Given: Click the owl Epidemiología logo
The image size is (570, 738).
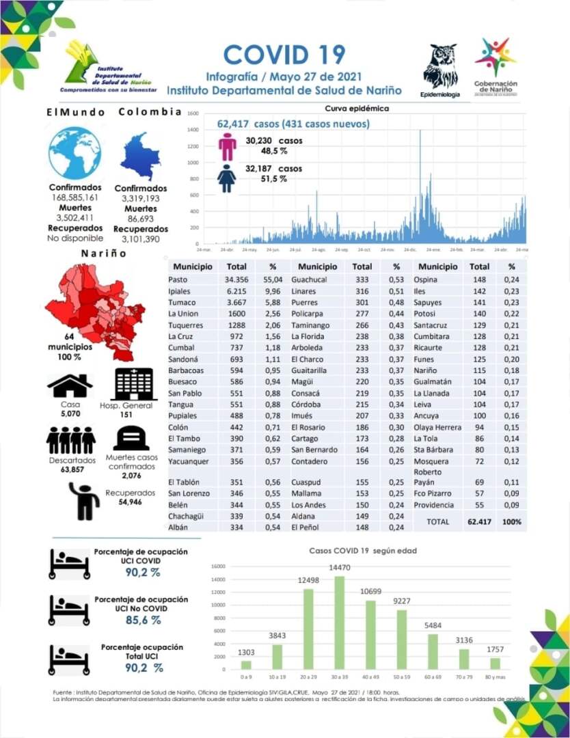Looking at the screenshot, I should tap(440, 66).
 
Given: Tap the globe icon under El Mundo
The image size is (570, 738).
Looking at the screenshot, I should tap(74, 153).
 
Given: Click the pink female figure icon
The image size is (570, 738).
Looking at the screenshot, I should tap(227, 146).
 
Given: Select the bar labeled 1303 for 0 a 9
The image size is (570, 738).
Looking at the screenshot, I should tap(246, 664).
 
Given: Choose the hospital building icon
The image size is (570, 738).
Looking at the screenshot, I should tap(135, 384).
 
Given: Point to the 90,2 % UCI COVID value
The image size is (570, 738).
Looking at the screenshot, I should tap(141, 571).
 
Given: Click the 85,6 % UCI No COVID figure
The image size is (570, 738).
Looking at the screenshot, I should tap(141, 620).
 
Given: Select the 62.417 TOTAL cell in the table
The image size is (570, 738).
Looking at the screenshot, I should tap(480, 521).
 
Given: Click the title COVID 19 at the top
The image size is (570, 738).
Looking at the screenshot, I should tap(284, 55).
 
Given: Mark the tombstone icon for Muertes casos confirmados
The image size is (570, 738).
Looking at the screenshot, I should tap(131, 438).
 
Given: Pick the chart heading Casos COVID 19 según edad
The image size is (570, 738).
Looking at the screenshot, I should tap(362, 550).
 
